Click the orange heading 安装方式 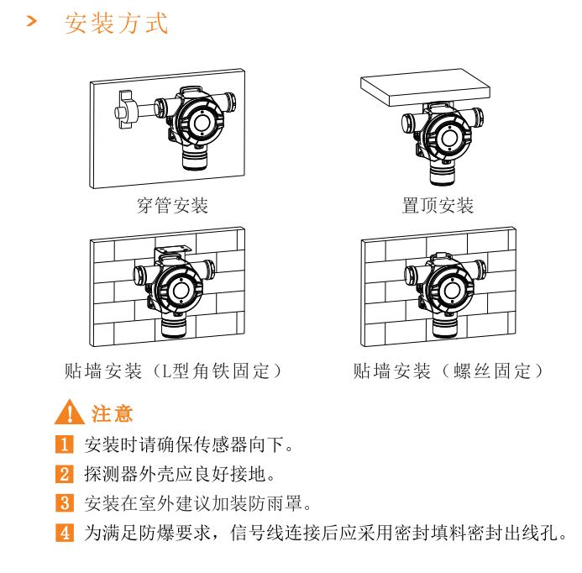pyautogui.click(x=117, y=23)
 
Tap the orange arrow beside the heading pyautogui.click(x=32, y=21)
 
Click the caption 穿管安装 pyautogui.click(x=173, y=206)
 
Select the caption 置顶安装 pyautogui.click(x=438, y=206)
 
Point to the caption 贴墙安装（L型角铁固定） pyautogui.click(x=173, y=371)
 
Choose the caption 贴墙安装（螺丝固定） pyautogui.click(x=448, y=371)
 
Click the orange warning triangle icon pyautogui.click(x=70, y=413)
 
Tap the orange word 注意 pyautogui.click(x=112, y=413)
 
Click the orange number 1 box pyautogui.click(x=65, y=444)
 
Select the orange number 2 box pyautogui.click(x=65, y=474)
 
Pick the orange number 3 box pyautogui.click(x=65, y=503)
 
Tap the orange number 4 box pyautogui.click(x=65, y=533)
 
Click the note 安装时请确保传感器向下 pyautogui.click(x=188, y=444)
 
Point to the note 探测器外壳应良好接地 pyautogui.click(x=179, y=474)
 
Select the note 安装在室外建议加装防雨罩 pyautogui.click(x=197, y=503)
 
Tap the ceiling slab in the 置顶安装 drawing pyautogui.click(x=425, y=87)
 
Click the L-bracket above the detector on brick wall pyautogui.click(x=173, y=250)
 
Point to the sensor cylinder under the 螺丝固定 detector pyautogui.click(x=445, y=326)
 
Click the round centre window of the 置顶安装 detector pyautogui.click(x=449, y=138)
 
